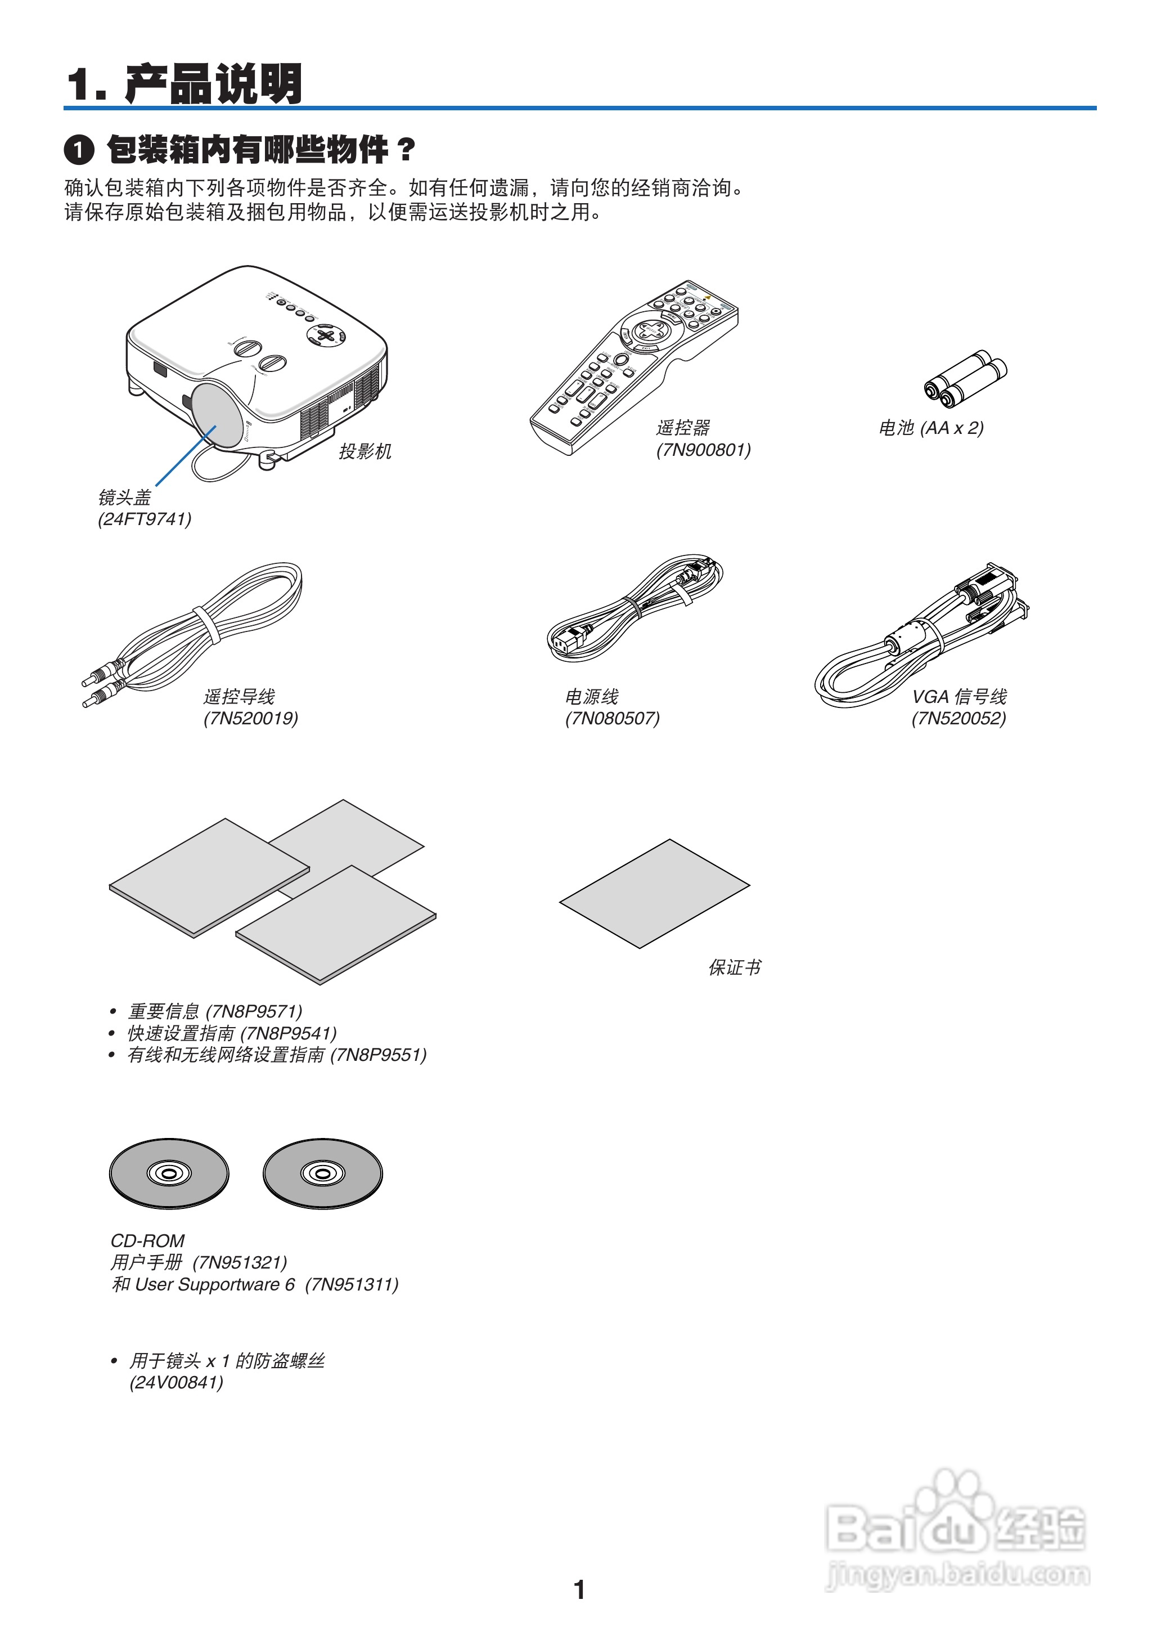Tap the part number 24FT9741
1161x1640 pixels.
tap(145, 519)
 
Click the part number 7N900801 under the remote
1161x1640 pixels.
tap(704, 451)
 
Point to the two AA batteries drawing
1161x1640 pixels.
tap(966, 378)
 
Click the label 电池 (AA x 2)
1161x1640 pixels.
tap(931, 428)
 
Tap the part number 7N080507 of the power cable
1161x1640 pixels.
tap(613, 718)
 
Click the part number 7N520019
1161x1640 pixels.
tap(250, 718)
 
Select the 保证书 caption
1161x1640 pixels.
tap(734, 967)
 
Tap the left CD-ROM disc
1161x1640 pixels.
tap(169, 1173)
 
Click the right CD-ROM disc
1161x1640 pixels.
tap(322, 1173)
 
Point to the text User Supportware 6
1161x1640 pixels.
tap(214, 1284)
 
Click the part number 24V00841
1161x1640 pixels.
tap(176, 1383)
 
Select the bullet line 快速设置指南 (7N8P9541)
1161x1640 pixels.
tap(232, 1033)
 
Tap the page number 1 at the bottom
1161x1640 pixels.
tap(580, 1589)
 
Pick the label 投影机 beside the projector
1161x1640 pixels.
tap(364, 451)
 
